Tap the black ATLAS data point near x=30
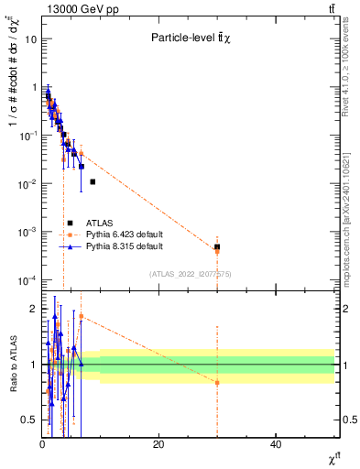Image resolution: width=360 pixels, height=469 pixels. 217,247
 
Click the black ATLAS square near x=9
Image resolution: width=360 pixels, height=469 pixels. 93,181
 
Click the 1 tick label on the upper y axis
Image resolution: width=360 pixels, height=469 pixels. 34,88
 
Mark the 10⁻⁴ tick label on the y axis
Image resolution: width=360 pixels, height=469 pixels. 28,279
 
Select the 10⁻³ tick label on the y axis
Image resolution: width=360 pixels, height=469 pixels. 28,232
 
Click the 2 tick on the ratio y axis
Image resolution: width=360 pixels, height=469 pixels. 34,309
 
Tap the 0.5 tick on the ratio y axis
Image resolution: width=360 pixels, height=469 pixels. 30,420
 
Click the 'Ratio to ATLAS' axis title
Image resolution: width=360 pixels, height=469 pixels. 12,364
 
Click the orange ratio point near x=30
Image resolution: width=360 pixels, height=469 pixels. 217,382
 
